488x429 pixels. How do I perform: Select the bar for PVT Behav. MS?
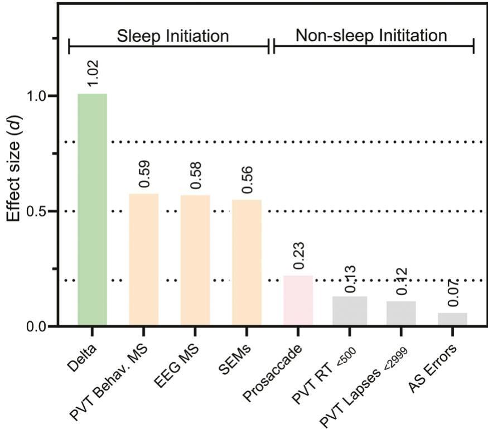(x=144, y=260)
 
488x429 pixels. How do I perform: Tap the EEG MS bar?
(x=195, y=261)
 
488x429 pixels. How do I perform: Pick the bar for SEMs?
(x=247, y=263)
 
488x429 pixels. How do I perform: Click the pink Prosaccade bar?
(x=298, y=301)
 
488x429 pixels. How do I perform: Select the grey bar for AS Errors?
(x=452, y=319)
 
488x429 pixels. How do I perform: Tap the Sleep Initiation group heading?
(x=173, y=36)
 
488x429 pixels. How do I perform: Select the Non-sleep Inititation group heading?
(x=371, y=36)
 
